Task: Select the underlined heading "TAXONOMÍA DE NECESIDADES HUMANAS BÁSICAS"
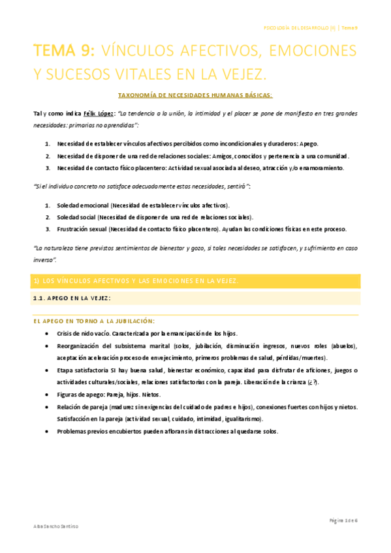(195, 95)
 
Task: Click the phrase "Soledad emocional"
(82, 205)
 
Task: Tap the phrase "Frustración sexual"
(82, 229)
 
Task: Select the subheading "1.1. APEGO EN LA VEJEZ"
(72, 298)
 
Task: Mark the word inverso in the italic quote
(44, 260)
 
